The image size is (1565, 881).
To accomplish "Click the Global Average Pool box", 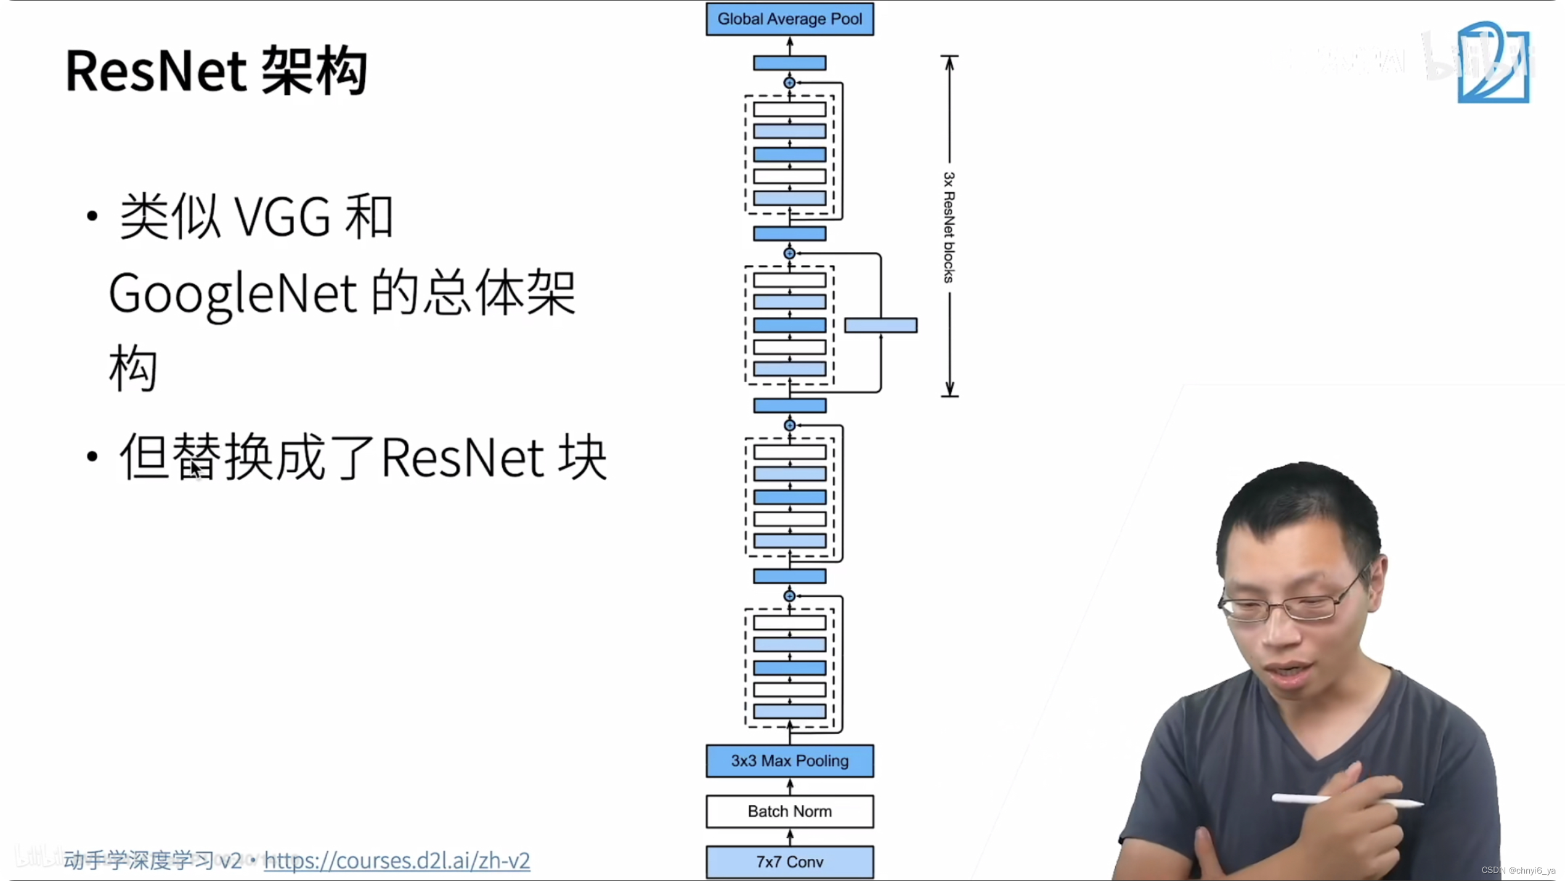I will click(x=789, y=19).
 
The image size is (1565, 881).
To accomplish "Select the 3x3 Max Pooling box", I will click(x=789, y=761).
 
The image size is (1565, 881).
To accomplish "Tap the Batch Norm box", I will click(x=789, y=811).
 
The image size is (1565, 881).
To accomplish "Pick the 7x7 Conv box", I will click(x=789, y=862).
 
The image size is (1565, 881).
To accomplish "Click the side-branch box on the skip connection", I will click(x=880, y=325).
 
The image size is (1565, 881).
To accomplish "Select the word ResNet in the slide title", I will click(x=156, y=71).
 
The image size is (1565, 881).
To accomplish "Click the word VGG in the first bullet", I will click(x=283, y=217).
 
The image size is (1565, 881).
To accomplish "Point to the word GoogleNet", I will click(x=233, y=294).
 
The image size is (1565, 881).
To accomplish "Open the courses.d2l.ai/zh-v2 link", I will click(x=397, y=861).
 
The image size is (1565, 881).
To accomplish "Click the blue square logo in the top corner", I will click(x=1494, y=62).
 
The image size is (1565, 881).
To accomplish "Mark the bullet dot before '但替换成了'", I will click(x=92, y=457).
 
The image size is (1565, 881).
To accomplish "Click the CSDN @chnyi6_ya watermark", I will click(x=1518, y=871).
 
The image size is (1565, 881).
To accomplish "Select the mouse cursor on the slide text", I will click(x=196, y=469).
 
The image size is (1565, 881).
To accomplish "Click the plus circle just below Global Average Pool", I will click(x=789, y=83).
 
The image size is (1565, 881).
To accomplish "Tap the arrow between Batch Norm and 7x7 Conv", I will click(x=790, y=837).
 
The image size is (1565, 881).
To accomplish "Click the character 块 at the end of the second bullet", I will click(x=582, y=458).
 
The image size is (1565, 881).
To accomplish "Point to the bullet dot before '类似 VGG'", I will click(x=92, y=216).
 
